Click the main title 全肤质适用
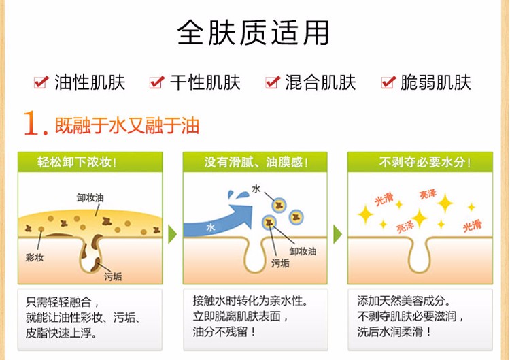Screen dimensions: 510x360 253,33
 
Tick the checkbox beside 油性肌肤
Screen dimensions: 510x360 41,82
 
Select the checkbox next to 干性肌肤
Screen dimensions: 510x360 157,82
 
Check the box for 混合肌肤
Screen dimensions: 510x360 273,82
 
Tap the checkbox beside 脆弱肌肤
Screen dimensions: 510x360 388,82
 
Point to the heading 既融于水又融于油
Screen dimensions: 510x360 127,125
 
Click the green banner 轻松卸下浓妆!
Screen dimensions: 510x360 90,162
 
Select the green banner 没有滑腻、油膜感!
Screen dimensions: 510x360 255,162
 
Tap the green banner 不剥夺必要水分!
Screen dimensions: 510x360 420,162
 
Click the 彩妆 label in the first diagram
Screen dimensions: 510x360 35,257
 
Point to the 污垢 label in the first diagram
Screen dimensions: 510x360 113,277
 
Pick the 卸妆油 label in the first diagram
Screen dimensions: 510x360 90,197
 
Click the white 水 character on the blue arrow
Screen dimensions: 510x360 210,227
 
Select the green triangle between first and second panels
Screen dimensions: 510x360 173,234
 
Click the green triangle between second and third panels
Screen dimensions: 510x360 337,234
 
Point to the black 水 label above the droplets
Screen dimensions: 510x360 256,189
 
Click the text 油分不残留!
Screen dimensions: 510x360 224,331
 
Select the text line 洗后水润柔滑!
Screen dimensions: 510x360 394,331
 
